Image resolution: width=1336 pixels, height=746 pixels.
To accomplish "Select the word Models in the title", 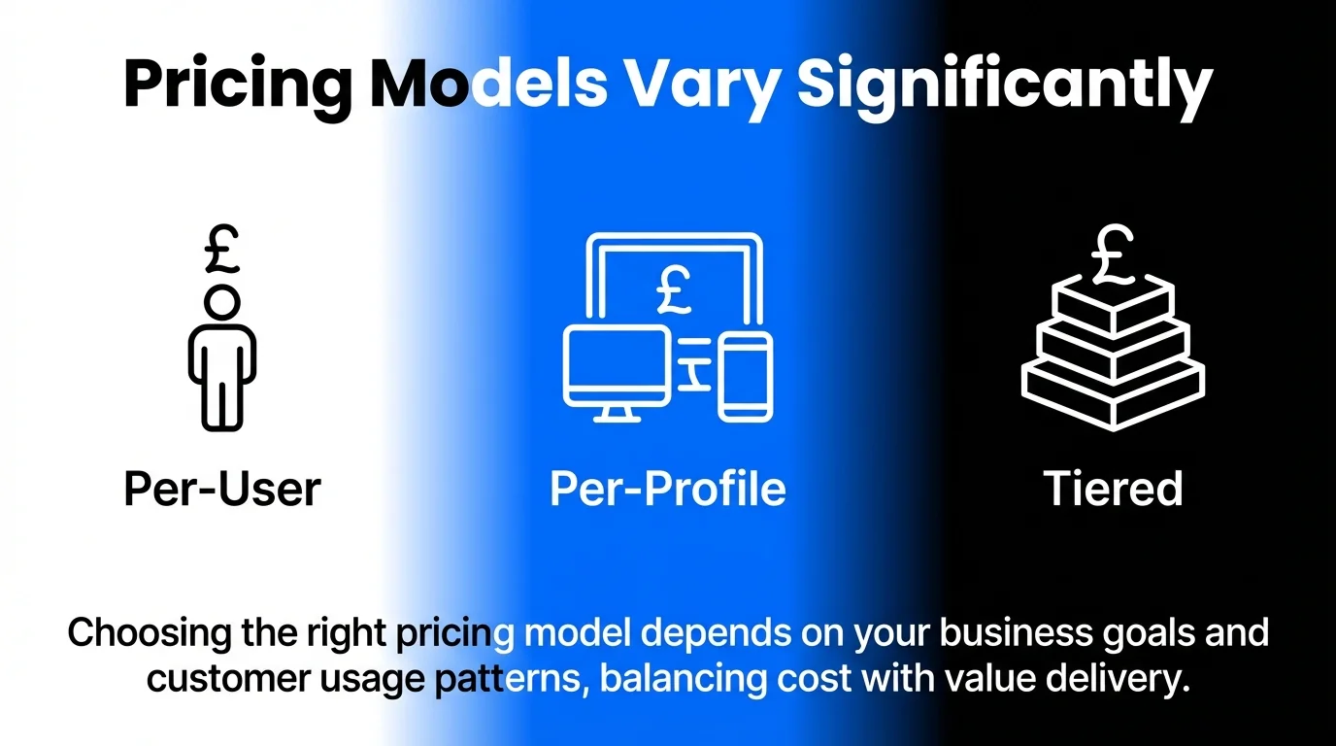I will pyautogui.click(x=489, y=85).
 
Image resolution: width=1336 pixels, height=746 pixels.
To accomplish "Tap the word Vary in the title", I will pyautogui.click(x=702, y=85).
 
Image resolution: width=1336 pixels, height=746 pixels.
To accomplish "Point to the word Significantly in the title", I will pyautogui.click(x=1004, y=85).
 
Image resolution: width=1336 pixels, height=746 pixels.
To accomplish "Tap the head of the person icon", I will pyautogui.click(x=222, y=301).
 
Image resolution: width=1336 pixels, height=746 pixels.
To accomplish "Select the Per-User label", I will pyautogui.click(x=221, y=489).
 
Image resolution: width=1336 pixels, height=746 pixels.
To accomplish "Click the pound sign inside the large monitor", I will pyautogui.click(x=672, y=289).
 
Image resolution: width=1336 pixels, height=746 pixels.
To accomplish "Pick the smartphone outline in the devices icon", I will pyautogui.click(x=746, y=376).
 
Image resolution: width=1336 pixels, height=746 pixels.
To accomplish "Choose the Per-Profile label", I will pyautogui.click(x=668, y=489).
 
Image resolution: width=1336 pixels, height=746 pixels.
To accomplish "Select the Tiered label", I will pyautogui.click(x=1113, y=489).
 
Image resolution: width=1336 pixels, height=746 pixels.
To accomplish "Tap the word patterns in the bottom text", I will pyautogui.click(x=508, y=678).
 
